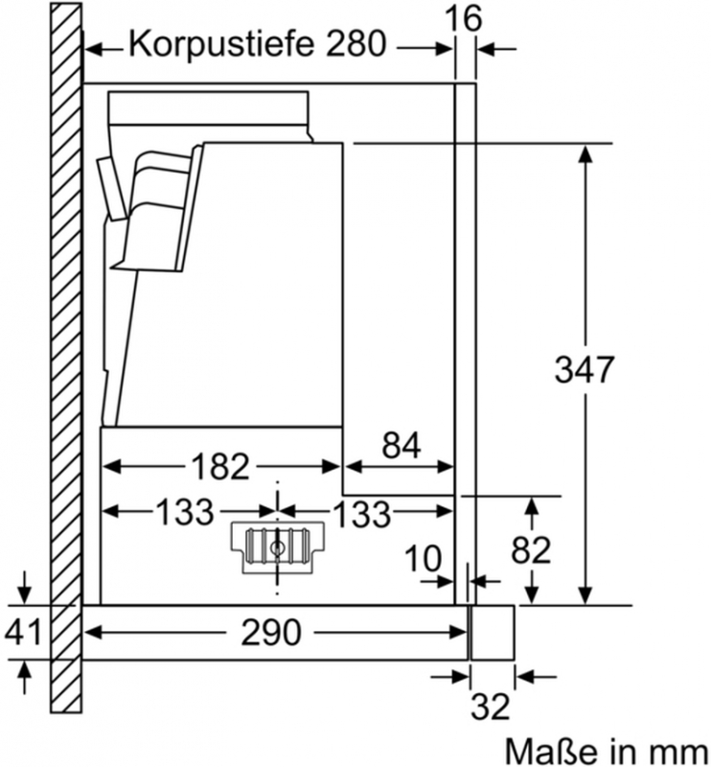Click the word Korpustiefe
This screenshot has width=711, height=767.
(221, 45)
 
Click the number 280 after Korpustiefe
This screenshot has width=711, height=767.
(356, 43)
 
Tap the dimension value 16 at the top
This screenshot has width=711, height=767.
(463, 18)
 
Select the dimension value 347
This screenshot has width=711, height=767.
(584, 369)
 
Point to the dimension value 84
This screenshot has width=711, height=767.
(401, 445)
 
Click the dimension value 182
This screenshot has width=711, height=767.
(220, 466)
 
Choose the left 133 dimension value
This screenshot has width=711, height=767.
(185, 512)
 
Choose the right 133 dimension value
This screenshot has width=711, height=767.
(362, 514)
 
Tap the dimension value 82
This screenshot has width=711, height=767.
(531, 549)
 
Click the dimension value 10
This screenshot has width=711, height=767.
(424, 558)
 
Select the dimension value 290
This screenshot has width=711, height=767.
(271, 633)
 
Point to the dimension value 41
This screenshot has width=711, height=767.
(22, 632)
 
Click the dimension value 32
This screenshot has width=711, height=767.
(491, 706)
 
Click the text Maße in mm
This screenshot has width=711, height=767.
(607, 751)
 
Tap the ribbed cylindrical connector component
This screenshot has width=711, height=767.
(277, 546)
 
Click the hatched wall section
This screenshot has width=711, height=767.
(66, 357)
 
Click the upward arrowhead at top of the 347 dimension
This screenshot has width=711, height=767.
(585, 154)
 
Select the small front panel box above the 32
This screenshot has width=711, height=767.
(492, 633)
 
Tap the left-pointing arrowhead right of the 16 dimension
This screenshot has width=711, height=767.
(486, 49)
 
